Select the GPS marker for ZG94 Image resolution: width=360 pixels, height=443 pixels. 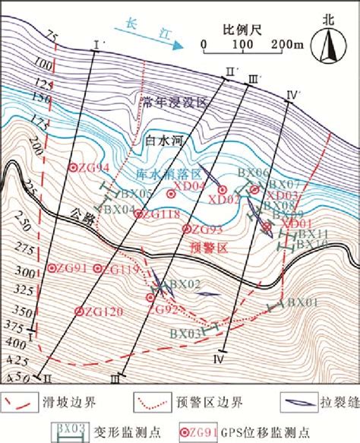[73, 169]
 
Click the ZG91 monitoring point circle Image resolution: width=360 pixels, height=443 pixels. [52, 268]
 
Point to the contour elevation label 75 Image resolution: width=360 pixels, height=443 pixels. [51, 36]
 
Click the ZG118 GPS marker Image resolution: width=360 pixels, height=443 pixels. [138, 214]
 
